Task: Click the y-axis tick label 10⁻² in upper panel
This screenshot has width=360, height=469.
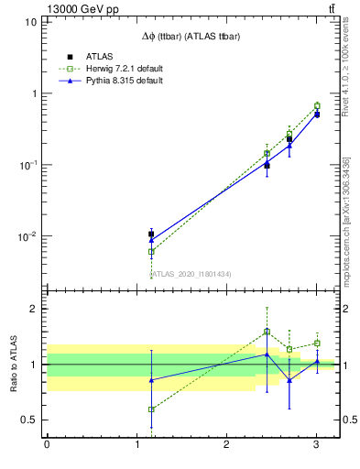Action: [27, 236]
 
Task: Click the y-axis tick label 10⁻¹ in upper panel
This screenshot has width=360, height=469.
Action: [27, 165]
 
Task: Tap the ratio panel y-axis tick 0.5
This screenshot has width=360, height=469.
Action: [29, 420]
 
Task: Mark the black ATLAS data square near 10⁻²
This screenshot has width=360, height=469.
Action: [151, 234]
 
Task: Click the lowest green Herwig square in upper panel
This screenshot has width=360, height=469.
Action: [151, 251]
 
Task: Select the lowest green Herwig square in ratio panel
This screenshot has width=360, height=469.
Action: [151, 409]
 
